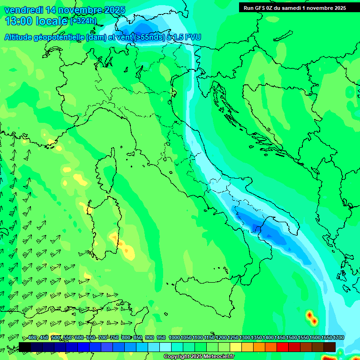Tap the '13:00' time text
[18, 21]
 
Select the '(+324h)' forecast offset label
[83, 21]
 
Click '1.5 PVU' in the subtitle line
[187, 37]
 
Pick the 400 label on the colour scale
[32, 338]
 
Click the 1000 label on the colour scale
[174, 338]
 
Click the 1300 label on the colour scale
[245, 338]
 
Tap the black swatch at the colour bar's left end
[25, 347]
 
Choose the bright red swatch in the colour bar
[283, 347]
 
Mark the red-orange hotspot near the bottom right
[311, 317]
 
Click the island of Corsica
[107, 169]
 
